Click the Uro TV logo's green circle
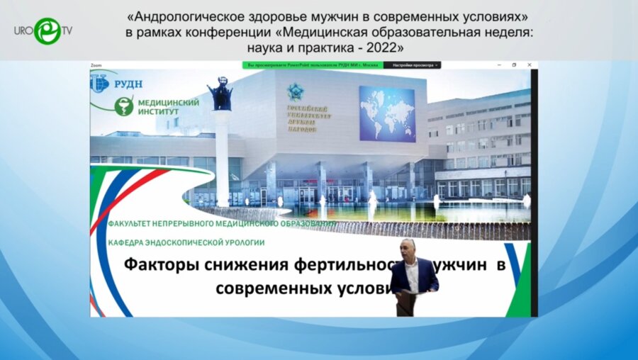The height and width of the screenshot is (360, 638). coord(47,30)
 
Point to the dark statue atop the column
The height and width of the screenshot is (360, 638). coord(219,94)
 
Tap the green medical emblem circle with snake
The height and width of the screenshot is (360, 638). coord(124,106)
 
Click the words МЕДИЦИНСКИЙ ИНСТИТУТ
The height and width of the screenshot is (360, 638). coord(169,107)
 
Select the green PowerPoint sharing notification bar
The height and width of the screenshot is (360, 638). coord(313,65)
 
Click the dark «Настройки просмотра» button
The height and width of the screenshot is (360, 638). coord(413,65)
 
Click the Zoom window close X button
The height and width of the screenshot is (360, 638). coord(531,65)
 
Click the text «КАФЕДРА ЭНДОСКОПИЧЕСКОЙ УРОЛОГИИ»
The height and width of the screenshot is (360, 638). coord(186,242)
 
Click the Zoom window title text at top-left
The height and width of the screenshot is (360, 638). coord(96,65)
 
